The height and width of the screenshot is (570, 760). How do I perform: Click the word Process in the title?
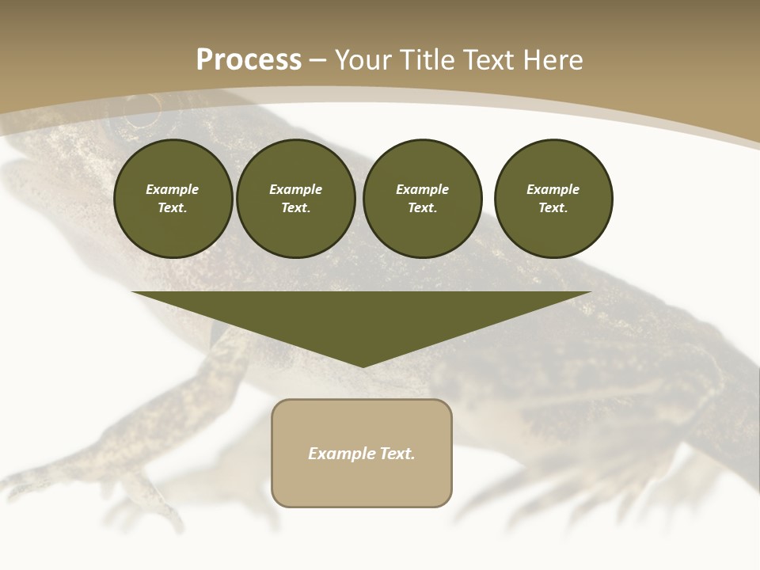(x=249, y=60)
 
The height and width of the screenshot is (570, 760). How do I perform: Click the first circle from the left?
(x=173, y=199)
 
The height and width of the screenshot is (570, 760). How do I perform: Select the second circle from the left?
(x=295, y=199)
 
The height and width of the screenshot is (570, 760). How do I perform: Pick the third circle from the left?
(x=422, y=199)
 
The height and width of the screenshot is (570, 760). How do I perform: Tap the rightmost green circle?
(x=553, y=199)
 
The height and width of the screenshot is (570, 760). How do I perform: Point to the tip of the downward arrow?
(x=363, y=366)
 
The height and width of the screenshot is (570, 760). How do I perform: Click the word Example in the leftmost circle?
(x=173, y=189)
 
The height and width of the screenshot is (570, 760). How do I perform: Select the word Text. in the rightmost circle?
(x=553, y=208)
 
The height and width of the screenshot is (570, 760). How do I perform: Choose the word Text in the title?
(x=488, y=60)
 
